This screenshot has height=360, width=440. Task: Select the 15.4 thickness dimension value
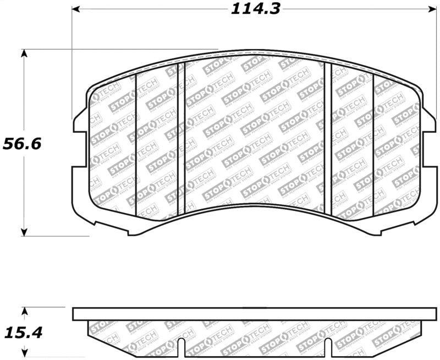coord(23,332)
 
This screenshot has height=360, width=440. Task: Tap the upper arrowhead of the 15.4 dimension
coord(23,310)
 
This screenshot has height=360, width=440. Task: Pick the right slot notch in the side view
coord(328,348)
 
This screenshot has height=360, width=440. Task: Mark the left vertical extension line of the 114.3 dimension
coord(73,66)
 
